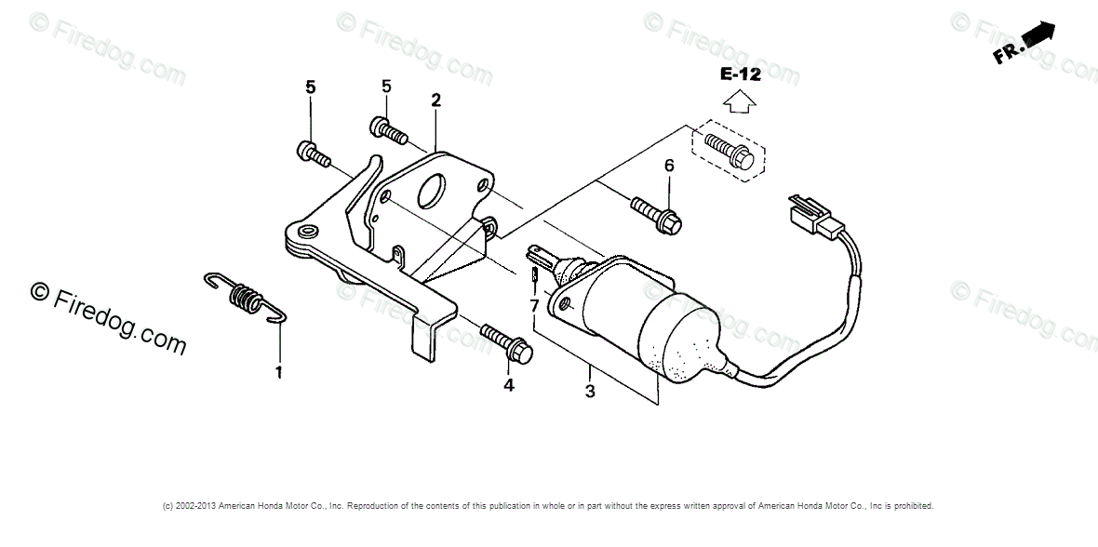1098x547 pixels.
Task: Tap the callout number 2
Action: tap(435, 100)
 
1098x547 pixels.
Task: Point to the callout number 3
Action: tap(589, 392)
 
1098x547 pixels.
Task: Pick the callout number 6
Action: tap(668, 167)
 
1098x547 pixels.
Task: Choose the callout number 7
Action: tap(534, 305)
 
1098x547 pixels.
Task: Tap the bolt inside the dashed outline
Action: tap(731, 152)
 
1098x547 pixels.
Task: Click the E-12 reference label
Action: tap(740, 74)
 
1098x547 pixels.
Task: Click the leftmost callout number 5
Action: tap(310, 87)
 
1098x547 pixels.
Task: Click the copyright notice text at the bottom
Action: tap(548, 506)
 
